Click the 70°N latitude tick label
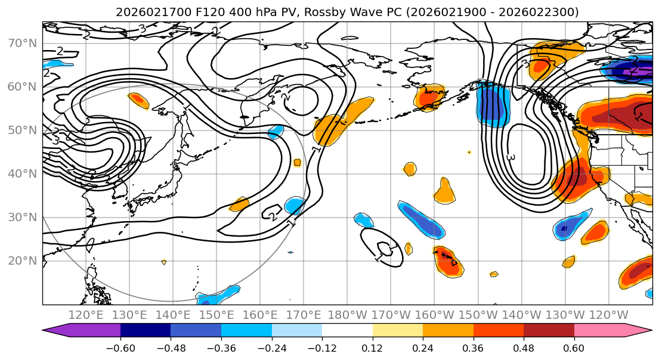(21, 44)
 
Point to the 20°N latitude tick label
(21, 261)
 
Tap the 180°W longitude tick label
(347, 315)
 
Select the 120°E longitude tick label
(86, 315)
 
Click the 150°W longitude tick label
(478, 315)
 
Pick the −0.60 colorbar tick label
(120, 347)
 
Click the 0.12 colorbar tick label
(372, 347)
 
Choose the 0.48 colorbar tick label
(524, 347)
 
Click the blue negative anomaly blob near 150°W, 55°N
(493, 105)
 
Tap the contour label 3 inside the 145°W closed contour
(511, 157)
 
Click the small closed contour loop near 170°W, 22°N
(382, 247)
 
